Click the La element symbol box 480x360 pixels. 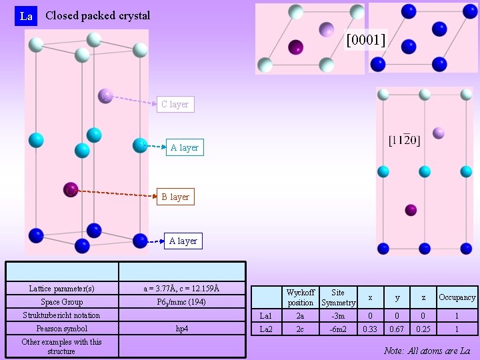point(26,16)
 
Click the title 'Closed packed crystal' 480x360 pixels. point(97,15)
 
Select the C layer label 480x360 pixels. point(175,104)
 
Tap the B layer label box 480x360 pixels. point(175,197)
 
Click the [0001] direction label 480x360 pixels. point(365,41)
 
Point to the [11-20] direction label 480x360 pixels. point(404,140)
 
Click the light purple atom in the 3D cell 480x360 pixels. point(105,96)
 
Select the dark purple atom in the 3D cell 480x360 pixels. point(71,190)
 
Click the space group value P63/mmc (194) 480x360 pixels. point(181,302)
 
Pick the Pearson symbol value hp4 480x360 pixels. point(181,329)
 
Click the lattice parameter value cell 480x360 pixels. point(181,289)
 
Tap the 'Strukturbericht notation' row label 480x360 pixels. point(61,315)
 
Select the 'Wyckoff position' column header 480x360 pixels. point(301,297)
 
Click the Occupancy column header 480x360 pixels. point(457,297)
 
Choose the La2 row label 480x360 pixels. point(266,329)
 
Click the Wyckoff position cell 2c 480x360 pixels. point(301,329)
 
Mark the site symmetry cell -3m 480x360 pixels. point(338,316)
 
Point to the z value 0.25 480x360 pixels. point(423,329)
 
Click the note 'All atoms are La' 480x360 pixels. point(427,351)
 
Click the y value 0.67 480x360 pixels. point(397,329)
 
